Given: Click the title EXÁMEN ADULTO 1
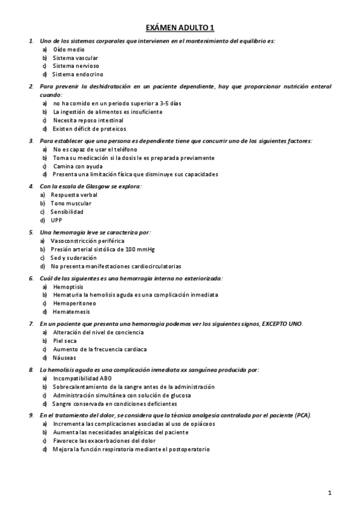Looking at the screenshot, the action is click(x=180, y=28).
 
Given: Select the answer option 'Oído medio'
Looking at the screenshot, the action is click(x=66, y=49).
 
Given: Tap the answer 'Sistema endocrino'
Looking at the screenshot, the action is click(x=75, y=74).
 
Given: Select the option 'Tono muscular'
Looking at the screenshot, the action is click(x=70, y=203).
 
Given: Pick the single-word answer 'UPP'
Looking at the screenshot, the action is click(x=56, y=220).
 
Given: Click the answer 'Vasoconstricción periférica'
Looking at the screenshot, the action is click(x=87, y=241).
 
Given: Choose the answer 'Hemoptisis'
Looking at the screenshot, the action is click(x=68, y=287).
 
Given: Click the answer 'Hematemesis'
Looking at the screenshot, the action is click(x=72, y=312).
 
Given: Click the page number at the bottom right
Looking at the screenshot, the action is click(x=330, y=493).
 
